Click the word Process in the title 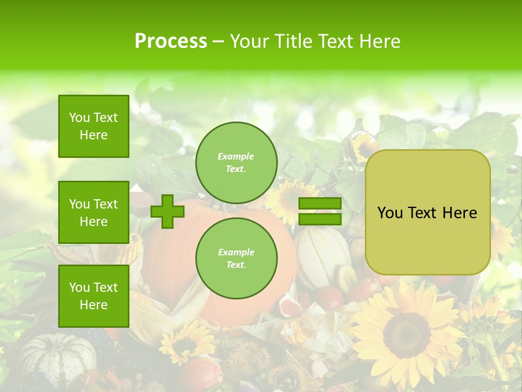click(171, 41)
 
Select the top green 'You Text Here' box click(94, 126)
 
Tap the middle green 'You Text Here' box click(94, 212)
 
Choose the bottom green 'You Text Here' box click(94, 296)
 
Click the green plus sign click(167, 211)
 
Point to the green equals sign click(320, 211)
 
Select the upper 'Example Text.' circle click(236, 162)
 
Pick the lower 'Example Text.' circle click(236, 258)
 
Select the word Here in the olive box click(459, 213)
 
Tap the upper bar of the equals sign click(320, 204)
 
